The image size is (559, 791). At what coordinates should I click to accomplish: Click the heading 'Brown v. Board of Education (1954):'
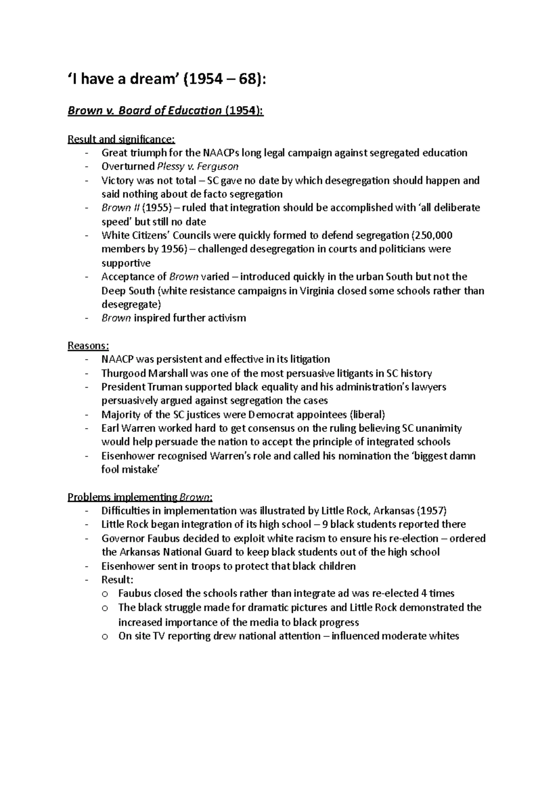pos(165,111)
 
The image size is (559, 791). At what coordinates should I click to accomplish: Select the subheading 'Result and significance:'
pos(121,139)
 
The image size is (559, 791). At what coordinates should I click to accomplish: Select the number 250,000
pos(434,235)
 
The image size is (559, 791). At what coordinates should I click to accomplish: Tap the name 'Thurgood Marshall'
pos(142,374)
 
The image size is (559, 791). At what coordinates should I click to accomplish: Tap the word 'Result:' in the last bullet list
pos(117,580)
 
